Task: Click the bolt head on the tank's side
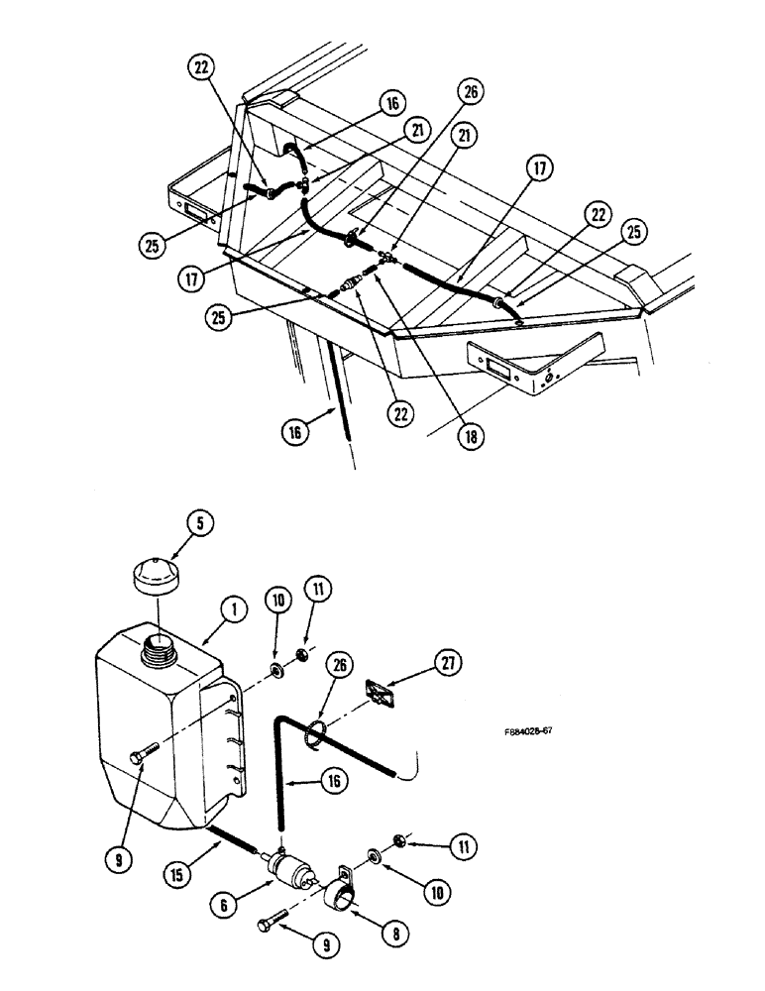click(136, 758)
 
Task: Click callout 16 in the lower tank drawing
click(334, 781)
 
